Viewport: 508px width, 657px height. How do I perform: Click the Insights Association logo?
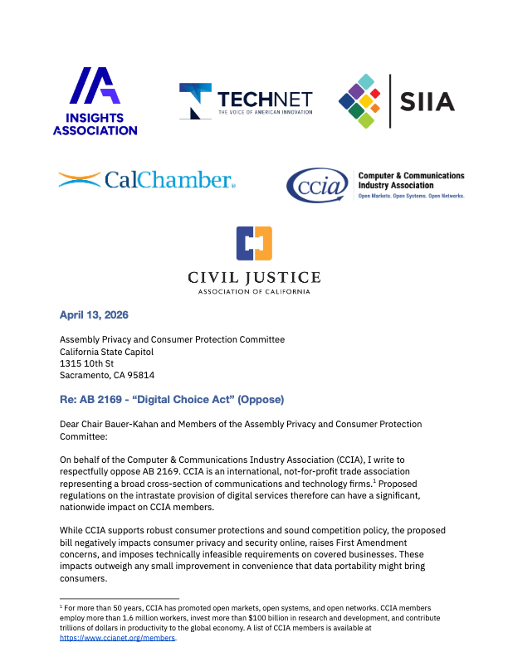[x=95, y=100]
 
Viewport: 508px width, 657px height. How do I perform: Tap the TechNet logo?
[x=246, y=100]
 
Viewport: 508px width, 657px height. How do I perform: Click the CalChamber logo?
[x=146, y=179]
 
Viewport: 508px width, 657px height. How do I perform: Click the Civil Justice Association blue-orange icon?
[x=253, y=242]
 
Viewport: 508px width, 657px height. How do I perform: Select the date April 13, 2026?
[x=94, y=315]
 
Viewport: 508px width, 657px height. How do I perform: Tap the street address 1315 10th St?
[x=91, y=363]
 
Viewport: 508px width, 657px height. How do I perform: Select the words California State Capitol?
[x=106, y=351]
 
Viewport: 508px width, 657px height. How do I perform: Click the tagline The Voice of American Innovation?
[x=266, y=111]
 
